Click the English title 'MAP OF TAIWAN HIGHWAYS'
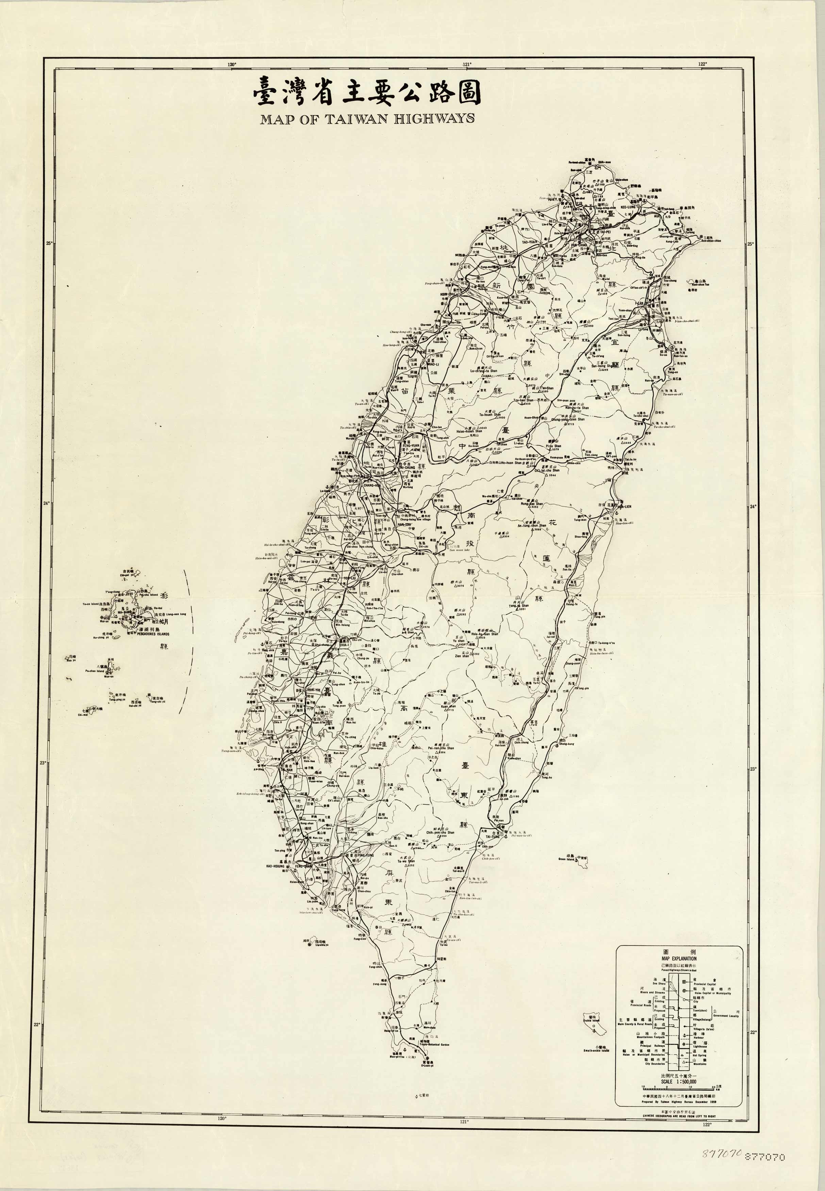pyautogui.click(x=367, y=118)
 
